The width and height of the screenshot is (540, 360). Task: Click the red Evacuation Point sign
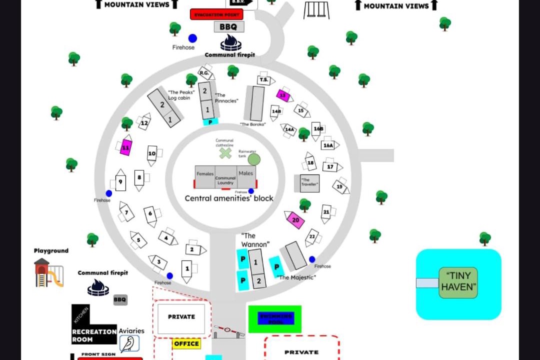[216, 14]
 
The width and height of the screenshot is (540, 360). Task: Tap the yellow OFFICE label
[186, 344]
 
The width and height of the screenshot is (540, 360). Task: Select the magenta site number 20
[295, 220]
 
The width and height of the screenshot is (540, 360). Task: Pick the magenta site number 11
[126, 147]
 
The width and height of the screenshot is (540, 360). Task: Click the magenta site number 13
[283, 94]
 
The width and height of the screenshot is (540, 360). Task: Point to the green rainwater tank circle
[254, 159]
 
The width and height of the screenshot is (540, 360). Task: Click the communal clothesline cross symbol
[225, 153]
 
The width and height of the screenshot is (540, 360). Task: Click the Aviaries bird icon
[129, 344]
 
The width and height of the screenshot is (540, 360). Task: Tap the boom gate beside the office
[229, 331]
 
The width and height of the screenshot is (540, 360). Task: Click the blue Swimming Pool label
[275, 318]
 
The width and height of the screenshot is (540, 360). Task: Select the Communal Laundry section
[225, 180]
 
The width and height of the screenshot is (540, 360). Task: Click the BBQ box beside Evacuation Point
[229, 27]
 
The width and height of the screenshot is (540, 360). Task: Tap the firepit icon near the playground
[98, 287]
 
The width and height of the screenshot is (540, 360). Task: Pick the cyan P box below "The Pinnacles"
[210, 121]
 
